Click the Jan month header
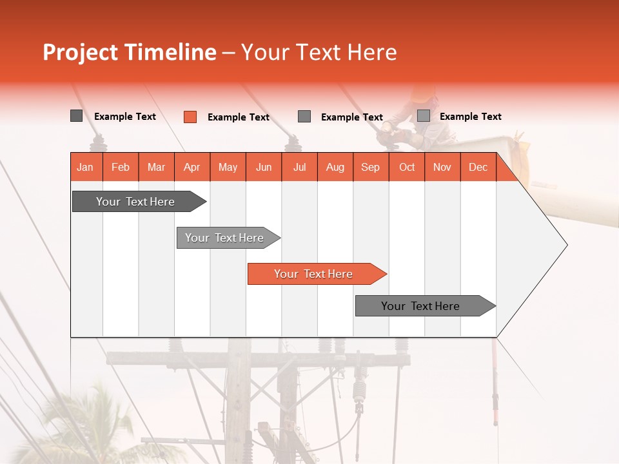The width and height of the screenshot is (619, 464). click(x=85, y=167)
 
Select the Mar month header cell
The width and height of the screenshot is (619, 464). click(x=156, y=167)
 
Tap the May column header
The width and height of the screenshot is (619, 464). click(x=228, y=167)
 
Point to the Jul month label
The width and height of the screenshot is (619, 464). click(x=299, y=167)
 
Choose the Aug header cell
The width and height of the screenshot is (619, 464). click(x=335, y=167)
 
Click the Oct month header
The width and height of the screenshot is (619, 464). click(x=406, y=167)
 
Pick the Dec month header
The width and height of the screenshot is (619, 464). click(x=478, y=167)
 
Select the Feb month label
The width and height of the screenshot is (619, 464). click(x=121, y=167)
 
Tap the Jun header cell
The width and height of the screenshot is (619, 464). click(x=263, y=167)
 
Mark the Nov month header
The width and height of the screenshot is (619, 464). click(x=442, y=167)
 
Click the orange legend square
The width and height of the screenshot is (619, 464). click(x=190, y=117)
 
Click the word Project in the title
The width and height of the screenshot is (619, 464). click(x=81, y=52)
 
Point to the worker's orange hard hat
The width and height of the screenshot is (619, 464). click(x=423, y=93)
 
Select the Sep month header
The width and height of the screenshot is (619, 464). click(x=370, y=167)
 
